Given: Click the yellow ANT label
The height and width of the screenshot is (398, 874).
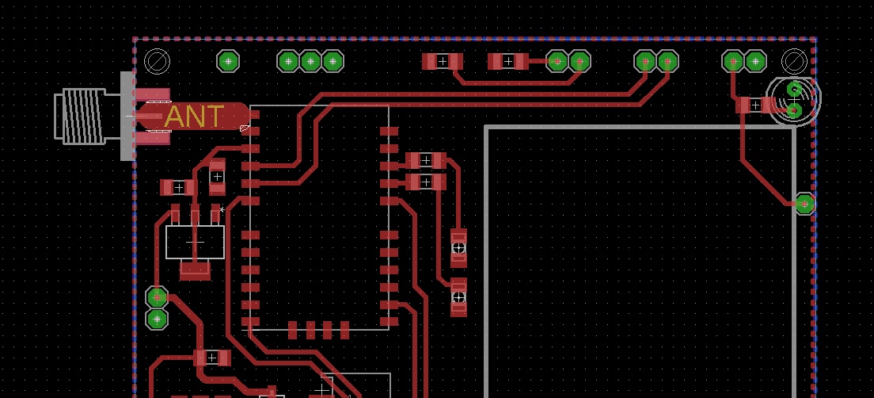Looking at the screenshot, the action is (x=194, y=117).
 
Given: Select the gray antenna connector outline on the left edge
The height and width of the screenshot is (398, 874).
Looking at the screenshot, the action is (x=87, y=116).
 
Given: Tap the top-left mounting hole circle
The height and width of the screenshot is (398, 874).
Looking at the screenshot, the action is (x=157, y=61).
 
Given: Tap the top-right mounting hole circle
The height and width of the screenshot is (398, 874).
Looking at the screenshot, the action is (x=793, y=61).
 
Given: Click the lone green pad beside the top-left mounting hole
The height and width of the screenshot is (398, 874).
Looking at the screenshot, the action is (x=229, y=60).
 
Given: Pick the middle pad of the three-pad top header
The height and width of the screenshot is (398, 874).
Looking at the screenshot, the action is (x=310, y=61).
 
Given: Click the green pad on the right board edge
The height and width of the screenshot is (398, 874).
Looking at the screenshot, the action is (x=804, y=204).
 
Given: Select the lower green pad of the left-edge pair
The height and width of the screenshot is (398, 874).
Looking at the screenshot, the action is (x=158, y=319).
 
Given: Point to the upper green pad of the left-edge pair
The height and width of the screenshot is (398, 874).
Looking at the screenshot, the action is (x=158, y=297).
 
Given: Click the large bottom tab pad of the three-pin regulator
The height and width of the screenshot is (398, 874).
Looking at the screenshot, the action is (x=195, y=270).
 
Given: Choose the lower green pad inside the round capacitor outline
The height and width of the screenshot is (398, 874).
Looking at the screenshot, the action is (x=794, y=109).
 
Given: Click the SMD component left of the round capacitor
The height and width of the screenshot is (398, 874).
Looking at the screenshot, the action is (x=754, y=105).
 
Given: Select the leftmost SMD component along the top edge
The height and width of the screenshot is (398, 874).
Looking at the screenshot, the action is (x=442, y=61).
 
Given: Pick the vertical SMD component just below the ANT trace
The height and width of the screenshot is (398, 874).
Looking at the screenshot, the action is (x=217, y=176).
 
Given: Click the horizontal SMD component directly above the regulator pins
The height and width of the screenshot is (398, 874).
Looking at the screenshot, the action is (x=178, y=188).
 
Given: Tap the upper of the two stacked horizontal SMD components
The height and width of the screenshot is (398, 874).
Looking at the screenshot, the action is (x=426, y=160).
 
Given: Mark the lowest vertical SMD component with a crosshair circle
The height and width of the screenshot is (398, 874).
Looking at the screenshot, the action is (x=458, y=297).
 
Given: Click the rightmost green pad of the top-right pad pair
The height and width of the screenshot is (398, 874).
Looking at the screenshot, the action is (x=755, y=61).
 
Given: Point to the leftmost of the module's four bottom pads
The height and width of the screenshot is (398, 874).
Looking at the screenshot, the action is (x=293, y=330).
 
